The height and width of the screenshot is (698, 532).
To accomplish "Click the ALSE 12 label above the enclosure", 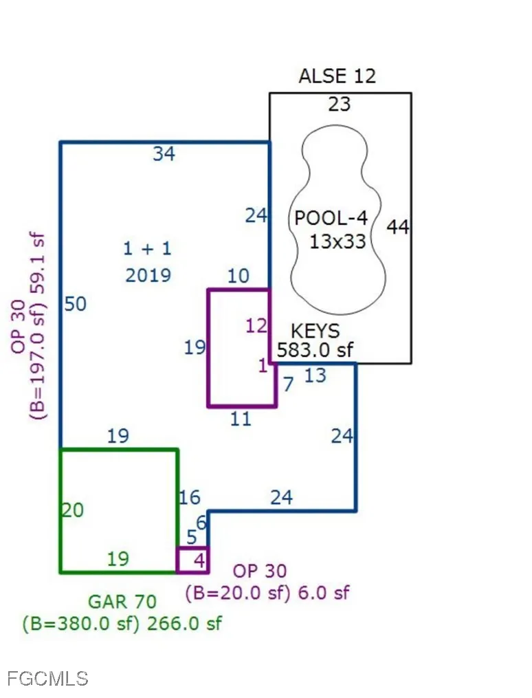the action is click(337, 76).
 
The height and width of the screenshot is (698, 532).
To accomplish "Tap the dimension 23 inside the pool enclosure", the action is click(340, 104).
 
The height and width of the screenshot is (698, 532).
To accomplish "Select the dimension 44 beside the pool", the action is click(398, 227).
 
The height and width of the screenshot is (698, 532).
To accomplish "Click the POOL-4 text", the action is click(331, 218).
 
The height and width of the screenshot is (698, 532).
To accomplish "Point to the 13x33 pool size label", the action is click(337, 241).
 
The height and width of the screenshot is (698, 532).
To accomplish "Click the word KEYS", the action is click(315, 331).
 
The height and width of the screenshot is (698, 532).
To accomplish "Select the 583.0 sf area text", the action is click(315, 350).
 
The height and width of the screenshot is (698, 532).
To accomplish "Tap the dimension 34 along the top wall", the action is click(164, 154).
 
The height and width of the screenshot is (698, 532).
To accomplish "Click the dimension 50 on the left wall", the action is click(75, 305).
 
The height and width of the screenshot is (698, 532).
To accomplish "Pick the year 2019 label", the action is click(148, 276).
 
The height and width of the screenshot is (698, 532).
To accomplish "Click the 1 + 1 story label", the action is click(147, 248).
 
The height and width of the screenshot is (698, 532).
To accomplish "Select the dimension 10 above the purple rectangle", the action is click(239, 276).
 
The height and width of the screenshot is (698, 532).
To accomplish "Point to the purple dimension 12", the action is click(256, 326).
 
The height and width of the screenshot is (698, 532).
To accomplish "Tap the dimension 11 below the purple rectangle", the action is click(241, 419).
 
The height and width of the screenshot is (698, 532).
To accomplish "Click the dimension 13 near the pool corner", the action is click(315, 375).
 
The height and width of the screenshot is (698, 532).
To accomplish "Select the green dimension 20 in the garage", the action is click(73, 510).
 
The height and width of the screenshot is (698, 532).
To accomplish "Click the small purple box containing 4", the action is click(192, 560).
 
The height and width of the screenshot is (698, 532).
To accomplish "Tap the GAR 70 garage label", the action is click(122, 602).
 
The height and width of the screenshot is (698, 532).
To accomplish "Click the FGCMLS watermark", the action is click(48, 679).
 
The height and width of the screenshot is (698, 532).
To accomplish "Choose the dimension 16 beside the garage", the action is click(190, 498).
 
